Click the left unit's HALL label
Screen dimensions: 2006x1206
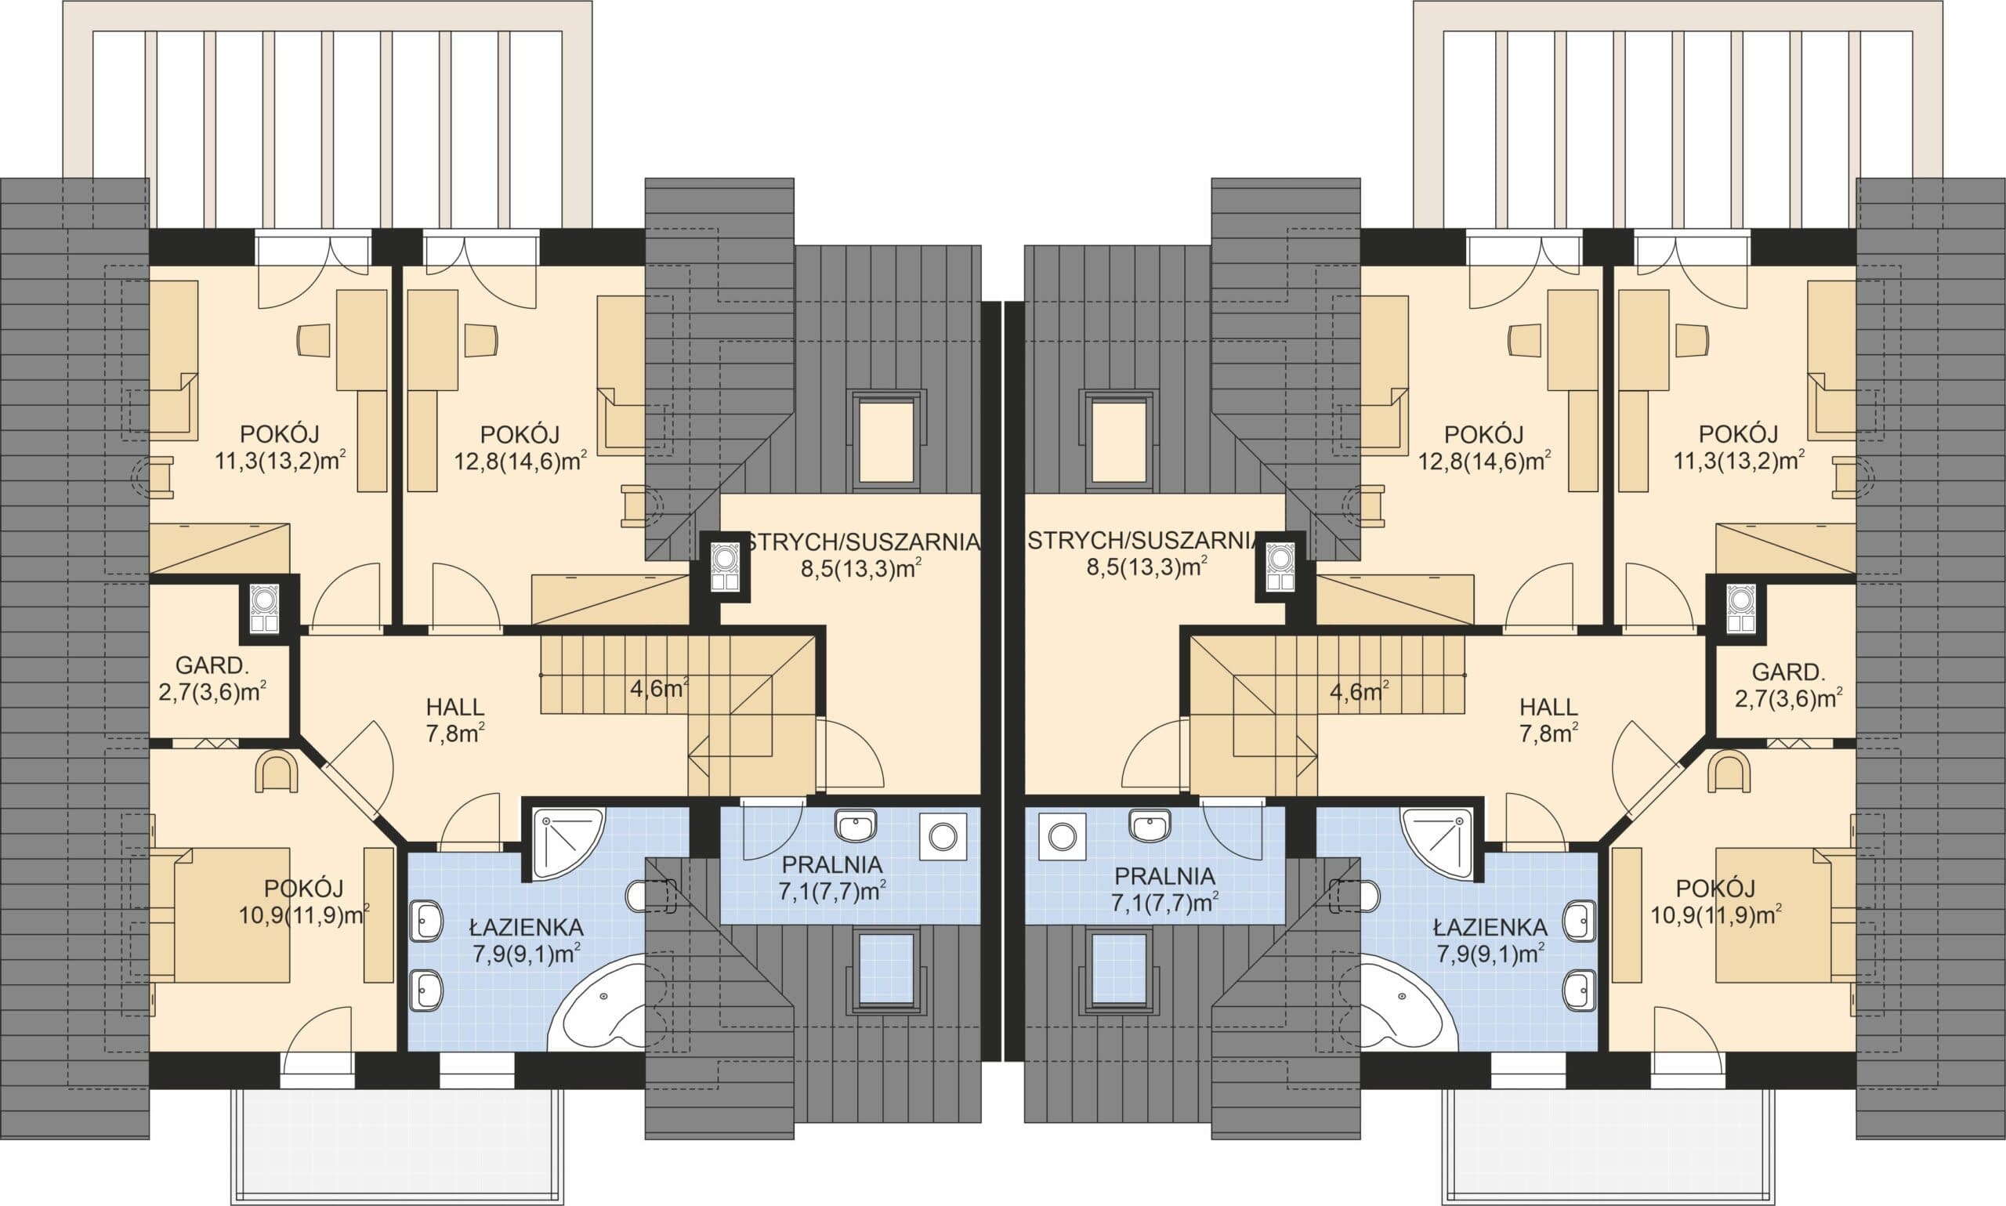(x=455, y=707)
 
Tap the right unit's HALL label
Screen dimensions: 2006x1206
(x=1548, y=707)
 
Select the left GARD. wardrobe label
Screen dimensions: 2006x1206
(x=212, y=665)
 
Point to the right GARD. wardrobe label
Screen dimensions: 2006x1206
(x=1788, y=672)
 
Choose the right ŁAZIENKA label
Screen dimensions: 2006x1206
(x=1491, y=927)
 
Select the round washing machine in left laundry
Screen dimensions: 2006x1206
(x=943, y=835)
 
